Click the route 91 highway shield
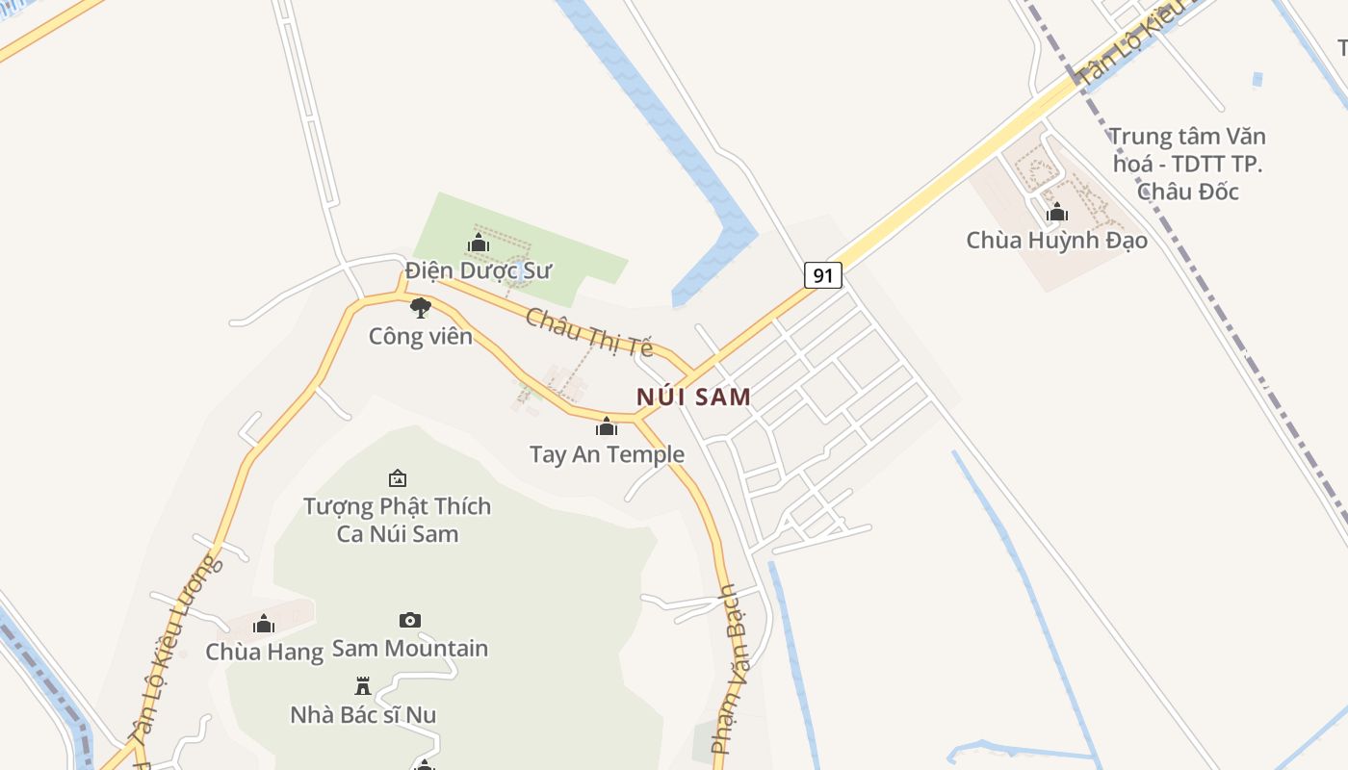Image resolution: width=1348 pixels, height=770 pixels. pyautogui.click(x=822, y=275)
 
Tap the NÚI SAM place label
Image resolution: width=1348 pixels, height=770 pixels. pyautogui.click(x=693, y=397)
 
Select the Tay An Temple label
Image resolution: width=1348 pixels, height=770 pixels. pyautogui.click(x=607, y=454)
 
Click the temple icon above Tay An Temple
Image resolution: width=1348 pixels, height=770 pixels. pyautogui.click(x=607, y=426)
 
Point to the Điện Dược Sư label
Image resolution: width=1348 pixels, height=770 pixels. pyautogui.click(x=479, y=270)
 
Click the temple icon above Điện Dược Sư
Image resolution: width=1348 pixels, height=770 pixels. pyautogui.click(x=479, y=243)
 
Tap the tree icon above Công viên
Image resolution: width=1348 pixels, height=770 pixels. pyautogui.click(x=420, y=308)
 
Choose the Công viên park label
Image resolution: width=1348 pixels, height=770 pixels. pyautogui.click(x=421, y=336)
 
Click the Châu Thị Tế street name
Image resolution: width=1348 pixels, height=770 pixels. pyautogui.click(x=589, y=332)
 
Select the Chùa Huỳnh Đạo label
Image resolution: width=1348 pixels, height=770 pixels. pyautogui.click(x=1057, y=240)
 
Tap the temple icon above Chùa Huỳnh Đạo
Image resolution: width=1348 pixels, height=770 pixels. pyautogui.click(x=1057, y=212)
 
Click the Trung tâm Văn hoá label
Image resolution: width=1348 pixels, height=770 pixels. pyautogui.click(x=1187, y=164)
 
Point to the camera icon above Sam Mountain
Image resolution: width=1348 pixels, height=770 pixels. pyautogui.click(x=410, y=621)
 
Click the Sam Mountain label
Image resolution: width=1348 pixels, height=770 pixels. pyautogui.click(x=410, y=649)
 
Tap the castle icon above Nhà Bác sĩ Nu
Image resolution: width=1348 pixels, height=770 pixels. pyautogui.click(x=363, y=686)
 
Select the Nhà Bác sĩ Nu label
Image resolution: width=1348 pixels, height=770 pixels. pyautogui.click(x=363, y=714)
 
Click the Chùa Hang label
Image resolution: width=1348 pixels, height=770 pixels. pyautogui.click(x=264, y=652)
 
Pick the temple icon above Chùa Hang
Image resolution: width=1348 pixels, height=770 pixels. pyautogui.click(x=264, y=624)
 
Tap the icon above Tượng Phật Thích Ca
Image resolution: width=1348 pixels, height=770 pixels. pyautogui.click(x=397, y=478)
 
